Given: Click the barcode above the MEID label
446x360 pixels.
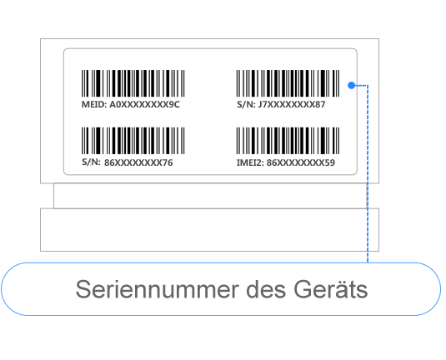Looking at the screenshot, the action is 133,83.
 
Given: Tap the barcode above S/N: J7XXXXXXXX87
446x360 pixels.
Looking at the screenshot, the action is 288,83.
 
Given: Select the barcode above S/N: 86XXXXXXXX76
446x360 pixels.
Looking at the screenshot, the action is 133,141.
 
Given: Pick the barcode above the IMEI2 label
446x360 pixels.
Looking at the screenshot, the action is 288,141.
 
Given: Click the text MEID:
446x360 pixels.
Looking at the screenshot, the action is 94,104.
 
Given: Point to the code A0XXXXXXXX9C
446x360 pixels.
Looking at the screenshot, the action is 144,104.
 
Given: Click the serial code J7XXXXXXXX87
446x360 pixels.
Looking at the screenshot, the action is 292,104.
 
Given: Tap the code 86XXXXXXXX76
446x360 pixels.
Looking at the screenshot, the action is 138,162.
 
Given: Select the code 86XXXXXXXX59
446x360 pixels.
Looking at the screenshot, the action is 301,162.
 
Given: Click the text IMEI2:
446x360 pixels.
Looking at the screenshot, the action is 250,162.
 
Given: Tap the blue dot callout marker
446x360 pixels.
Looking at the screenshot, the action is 352,85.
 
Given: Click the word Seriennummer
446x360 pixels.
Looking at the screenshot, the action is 158,289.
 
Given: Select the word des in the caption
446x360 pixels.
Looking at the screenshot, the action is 266,289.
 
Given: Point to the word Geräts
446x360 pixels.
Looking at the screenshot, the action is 330,289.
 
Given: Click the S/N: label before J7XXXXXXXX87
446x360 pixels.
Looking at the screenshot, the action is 246,104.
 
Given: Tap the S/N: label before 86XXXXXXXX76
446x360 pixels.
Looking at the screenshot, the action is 91,162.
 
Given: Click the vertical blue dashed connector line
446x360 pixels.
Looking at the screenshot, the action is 368,173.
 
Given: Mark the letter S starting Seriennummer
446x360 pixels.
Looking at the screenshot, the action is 83,289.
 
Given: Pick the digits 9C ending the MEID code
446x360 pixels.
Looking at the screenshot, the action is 174,104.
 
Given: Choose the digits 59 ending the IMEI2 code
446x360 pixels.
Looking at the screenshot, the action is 329,162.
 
